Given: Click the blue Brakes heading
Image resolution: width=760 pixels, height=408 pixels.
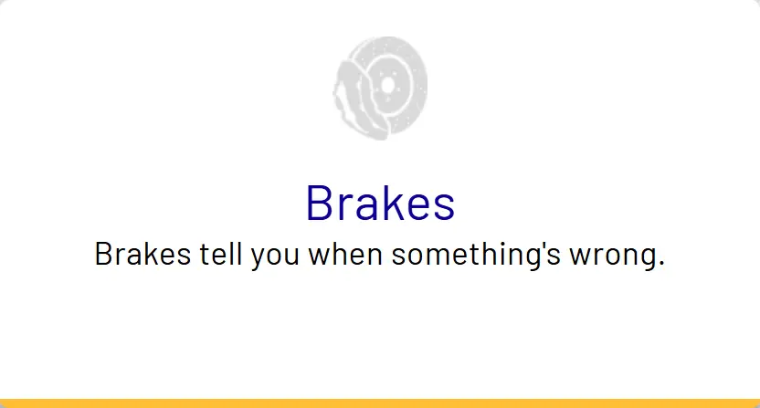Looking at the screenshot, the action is point(381,203).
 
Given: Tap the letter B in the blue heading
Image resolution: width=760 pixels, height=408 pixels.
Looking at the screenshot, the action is point(319,203).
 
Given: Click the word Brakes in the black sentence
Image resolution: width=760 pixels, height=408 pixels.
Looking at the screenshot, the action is point(143,254).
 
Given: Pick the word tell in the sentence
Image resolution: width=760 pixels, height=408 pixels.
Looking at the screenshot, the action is point(220,254).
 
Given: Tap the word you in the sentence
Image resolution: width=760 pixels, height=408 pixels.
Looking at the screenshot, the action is point(275,257).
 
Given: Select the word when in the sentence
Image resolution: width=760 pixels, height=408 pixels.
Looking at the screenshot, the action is point(345,254).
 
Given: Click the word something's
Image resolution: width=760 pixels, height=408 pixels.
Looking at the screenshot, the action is point(476,256).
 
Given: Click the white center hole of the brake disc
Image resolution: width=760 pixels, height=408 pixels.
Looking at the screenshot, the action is point(387,85).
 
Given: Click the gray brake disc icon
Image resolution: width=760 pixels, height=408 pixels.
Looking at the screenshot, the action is point(380,89).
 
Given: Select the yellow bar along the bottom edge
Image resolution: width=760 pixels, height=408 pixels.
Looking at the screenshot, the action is point(380,403).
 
